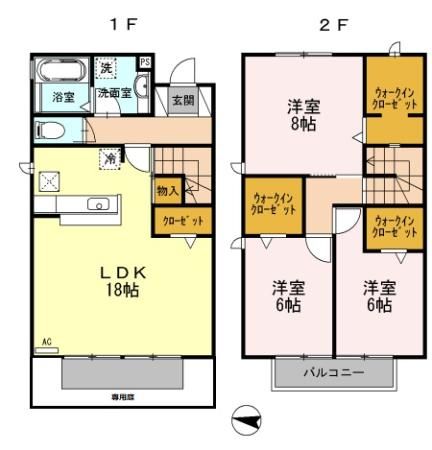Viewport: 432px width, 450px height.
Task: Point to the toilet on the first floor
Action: tap(50, 130)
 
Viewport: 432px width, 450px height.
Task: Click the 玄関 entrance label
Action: tap(182, 100)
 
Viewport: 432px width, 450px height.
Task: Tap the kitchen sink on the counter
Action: tap(98, 204)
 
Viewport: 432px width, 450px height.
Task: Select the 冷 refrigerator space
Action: tap(107, 157)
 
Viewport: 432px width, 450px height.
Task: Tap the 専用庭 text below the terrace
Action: tap(124, 397)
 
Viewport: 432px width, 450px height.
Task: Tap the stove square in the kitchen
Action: tap(49, 181)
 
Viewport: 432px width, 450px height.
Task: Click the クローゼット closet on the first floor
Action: tap(169, 221)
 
